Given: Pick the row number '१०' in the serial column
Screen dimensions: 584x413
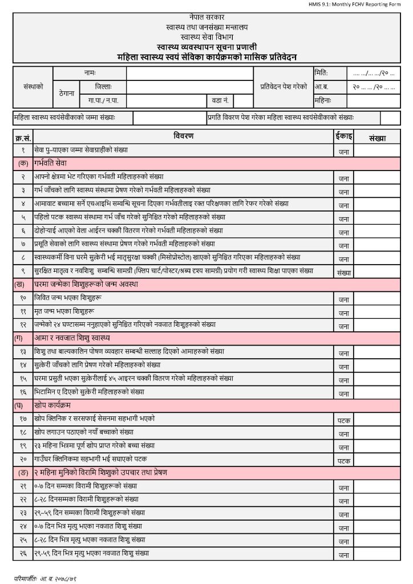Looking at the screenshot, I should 23,298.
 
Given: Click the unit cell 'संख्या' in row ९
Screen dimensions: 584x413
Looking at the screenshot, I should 343,272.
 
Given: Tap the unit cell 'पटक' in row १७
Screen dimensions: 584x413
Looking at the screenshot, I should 343,420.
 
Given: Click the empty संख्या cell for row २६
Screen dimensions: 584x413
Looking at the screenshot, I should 377,553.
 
